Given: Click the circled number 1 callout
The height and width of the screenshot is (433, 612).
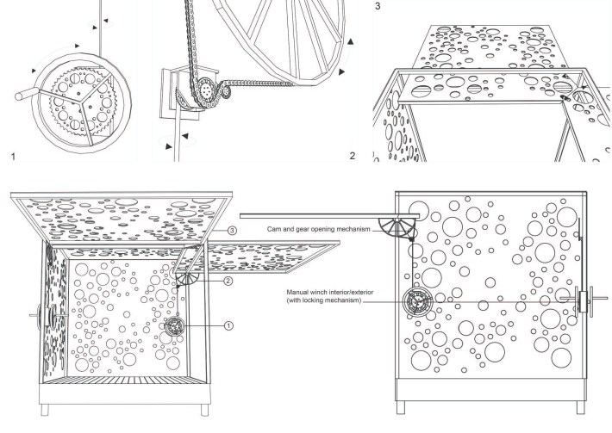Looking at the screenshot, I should click(x=228, y=325).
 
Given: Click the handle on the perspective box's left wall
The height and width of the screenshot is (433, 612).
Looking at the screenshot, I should click(x=39, y=316).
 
